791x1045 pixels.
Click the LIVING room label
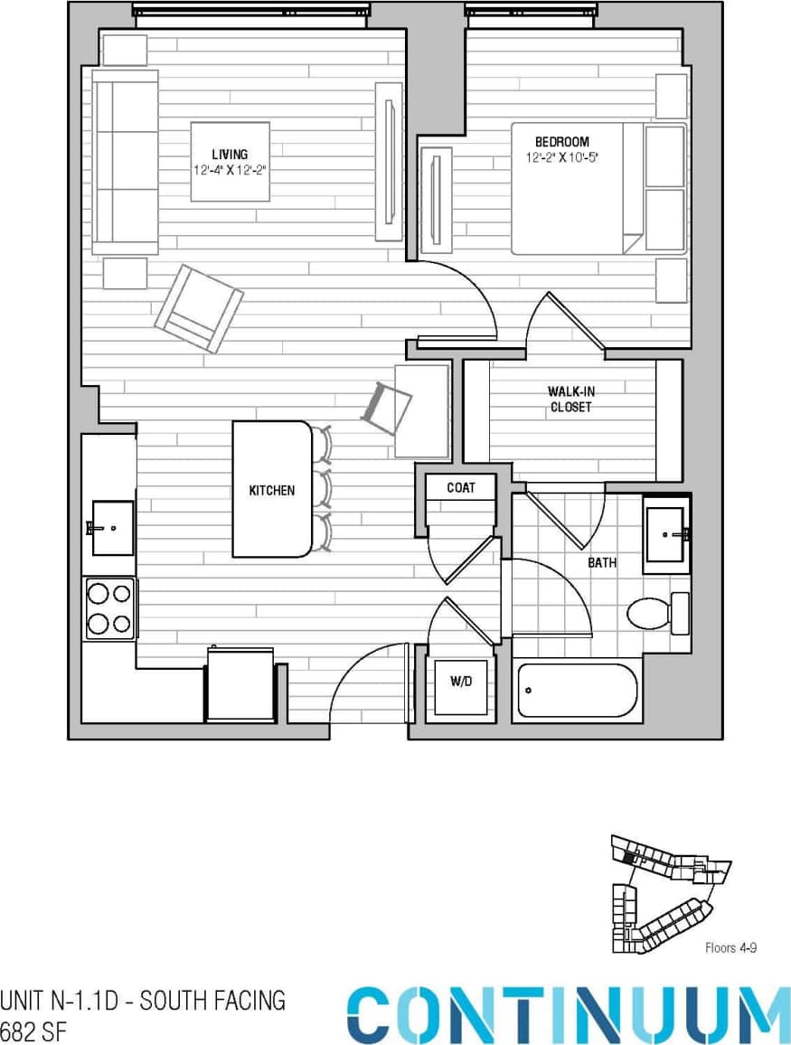[x=230, y=155]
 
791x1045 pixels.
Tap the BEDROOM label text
[x=561, y=142]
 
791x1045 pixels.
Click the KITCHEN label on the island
[x=271, y=491]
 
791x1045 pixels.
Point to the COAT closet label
[x=460, y=488]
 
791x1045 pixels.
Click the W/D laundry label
[x=460, y=681]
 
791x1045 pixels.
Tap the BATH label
[x=602, y=562]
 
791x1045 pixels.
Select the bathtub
[x=577, y=692]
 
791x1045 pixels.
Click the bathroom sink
[x=666, y=534]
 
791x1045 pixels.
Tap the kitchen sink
[x=111, y=528]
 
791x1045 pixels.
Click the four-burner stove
[x=109, y=608]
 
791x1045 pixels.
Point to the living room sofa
[x=126, y=162]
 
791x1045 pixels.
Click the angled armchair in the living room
[x=199, y=308]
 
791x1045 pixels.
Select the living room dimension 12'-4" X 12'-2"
[x=230, y=169]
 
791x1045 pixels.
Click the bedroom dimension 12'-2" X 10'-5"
[x=563, y=157]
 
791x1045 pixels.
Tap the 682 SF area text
[x=34, y=1031]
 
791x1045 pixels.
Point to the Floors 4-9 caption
[x=731, y=948]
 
